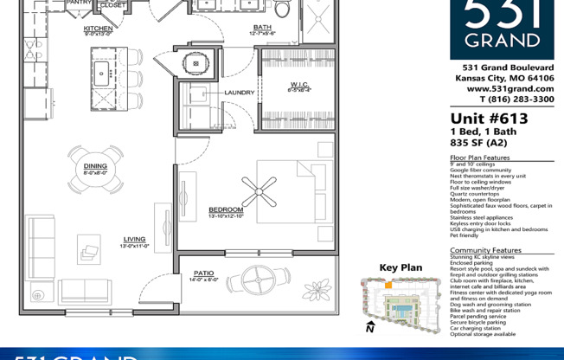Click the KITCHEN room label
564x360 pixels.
click(x=98, y=29)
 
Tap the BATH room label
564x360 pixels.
click(x=262, y=28)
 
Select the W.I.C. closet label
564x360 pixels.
click(x=298, y=85)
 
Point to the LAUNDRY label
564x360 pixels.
click(x=239, y=93)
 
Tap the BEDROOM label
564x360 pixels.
click(x=226, y=209)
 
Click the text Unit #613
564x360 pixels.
click(x=488, y=119)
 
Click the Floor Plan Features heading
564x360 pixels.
click(x=480, y=157)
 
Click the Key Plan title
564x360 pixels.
click(x=401, y=267)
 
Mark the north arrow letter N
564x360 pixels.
click(x=369, y=329)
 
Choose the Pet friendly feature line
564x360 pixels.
click(x=465, y=235)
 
